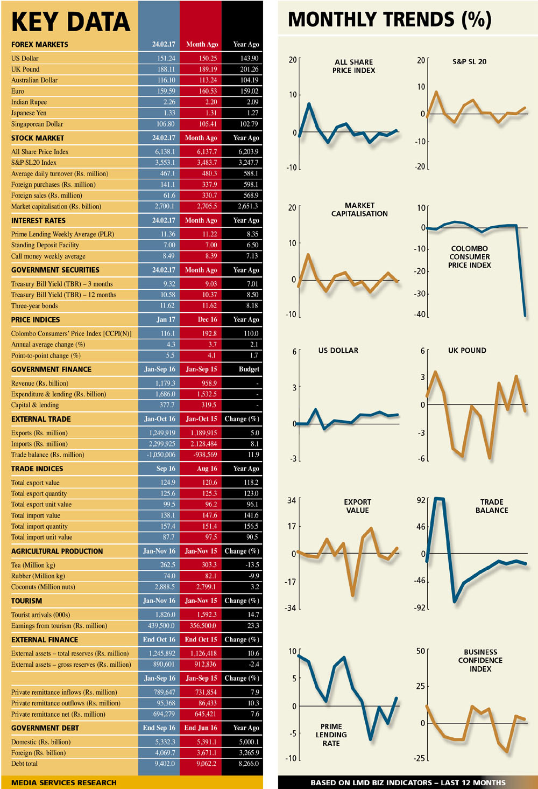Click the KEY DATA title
tap(70, 22)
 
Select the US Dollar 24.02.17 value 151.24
tap(166, 58)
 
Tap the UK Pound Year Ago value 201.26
tap(249, 69)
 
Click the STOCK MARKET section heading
tap(38, 138)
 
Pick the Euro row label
tap(18, 91)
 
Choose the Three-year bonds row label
tap(34, 306)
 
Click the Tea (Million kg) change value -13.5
tap(252, 565)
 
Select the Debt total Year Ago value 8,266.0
tap(249, 764)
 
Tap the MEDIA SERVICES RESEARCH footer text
tap(63, 783)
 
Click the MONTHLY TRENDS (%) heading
tap(390, 20)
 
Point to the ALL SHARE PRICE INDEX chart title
tap(353, 66)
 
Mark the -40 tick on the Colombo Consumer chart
tap(420, 315)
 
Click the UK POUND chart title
tap(467, 351)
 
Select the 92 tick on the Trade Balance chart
tap(421, 500)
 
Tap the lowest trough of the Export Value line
tap(352, 595)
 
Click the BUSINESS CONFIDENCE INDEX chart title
tap(480, 660)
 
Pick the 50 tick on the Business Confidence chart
tap(420, 651)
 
